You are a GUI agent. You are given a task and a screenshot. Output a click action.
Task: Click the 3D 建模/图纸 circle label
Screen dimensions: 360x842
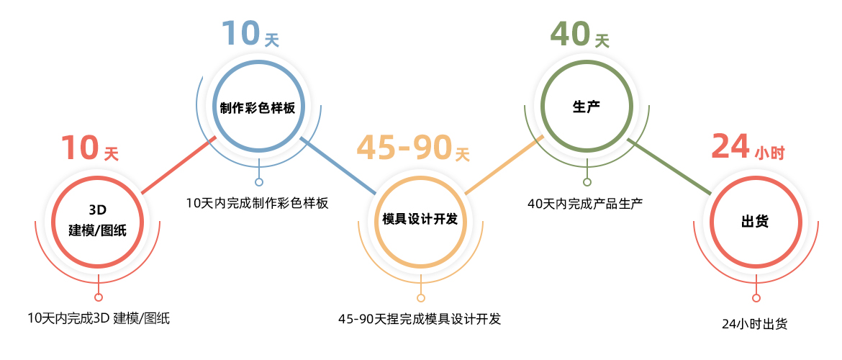pos(97,220)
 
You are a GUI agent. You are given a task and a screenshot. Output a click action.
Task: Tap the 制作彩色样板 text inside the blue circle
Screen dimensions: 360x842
pos(258,107)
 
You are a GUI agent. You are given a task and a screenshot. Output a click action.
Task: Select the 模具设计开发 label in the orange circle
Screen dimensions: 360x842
pos(420,219)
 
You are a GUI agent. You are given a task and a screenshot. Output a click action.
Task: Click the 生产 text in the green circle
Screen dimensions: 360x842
pos(587,107)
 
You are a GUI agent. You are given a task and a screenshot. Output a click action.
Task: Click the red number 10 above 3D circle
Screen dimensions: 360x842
pos(79,148)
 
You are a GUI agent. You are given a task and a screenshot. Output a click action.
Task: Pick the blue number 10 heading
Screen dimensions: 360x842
pos(240,34)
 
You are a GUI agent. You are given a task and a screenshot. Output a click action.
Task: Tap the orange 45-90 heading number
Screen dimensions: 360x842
pos(404,148)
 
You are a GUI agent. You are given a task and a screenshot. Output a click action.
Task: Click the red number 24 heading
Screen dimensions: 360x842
pos(730,146)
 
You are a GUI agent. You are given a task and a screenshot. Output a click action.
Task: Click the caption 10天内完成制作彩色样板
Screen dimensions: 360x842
pos(257,203)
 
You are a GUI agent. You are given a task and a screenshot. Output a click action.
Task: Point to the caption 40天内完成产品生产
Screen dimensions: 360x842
pos(585,204)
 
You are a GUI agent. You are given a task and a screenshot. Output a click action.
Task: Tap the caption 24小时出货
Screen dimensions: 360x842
pos(754,324)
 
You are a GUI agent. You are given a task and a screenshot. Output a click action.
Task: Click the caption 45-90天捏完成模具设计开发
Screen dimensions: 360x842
pos(420,318)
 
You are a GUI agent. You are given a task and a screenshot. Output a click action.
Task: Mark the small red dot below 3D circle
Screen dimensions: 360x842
pos(99,297)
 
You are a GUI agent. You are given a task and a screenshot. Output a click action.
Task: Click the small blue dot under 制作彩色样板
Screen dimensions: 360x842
pos(259,182)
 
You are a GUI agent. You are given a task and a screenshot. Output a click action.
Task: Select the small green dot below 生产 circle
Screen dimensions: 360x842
pos(587,182)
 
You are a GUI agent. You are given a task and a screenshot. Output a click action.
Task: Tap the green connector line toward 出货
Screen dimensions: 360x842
pos(673,165)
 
